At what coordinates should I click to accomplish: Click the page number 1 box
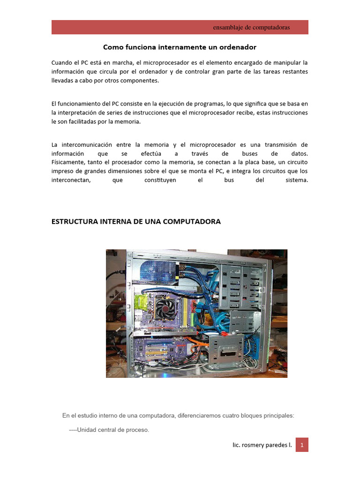302,445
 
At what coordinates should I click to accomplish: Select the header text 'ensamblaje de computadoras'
251,27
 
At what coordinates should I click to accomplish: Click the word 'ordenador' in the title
240,47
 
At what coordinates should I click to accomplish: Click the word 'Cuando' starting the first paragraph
62,62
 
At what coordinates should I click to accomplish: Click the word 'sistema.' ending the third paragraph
297,180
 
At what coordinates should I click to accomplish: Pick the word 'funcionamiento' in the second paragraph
80,104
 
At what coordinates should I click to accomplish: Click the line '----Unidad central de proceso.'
109,429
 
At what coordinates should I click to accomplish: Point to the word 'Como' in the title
111,47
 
